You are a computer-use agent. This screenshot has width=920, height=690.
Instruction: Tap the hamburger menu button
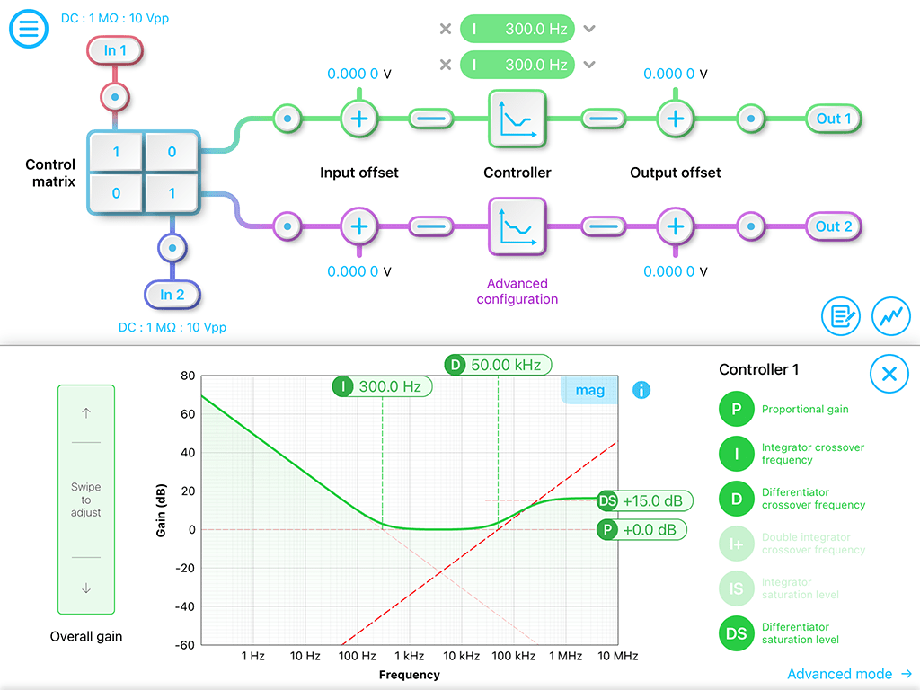point(28,29)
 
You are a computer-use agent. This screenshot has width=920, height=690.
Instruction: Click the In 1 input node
point(115,50)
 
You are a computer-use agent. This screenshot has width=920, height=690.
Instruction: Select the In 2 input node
point(172,295)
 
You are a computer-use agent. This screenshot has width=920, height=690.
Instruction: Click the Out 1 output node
point(834,119)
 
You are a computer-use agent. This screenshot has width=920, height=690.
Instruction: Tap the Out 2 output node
point(834,226)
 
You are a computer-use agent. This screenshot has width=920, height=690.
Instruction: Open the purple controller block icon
point(517,226)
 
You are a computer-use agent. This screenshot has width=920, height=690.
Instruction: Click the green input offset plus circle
point(359,119)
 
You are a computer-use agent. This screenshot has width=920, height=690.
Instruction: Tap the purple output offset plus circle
point(676,226)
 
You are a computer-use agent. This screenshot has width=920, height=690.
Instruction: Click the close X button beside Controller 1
point(889,374)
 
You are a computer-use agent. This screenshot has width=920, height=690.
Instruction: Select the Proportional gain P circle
point(737,409)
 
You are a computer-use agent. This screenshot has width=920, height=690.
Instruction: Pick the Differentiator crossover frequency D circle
point(737,499)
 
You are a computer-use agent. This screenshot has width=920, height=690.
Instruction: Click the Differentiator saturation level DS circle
point(737,633)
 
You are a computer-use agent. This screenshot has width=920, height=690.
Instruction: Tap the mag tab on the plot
point(589,390)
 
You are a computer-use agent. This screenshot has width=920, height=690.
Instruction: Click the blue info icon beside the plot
point(641,390)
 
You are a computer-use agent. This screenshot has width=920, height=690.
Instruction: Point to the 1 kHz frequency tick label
point(409,656)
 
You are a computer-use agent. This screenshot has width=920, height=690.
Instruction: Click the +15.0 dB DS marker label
point(645,501)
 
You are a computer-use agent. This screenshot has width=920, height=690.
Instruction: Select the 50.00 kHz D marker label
point(498,365)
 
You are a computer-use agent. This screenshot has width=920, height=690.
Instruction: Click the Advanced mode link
point(849,674)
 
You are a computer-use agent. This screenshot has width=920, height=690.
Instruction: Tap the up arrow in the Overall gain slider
point(86,413)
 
